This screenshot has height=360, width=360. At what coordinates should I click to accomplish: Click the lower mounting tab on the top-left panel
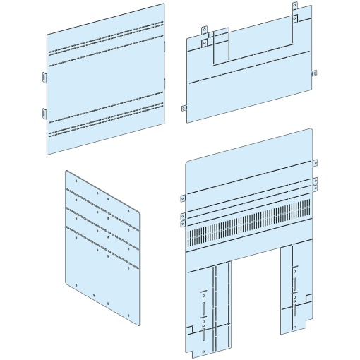click(x=42, y=111)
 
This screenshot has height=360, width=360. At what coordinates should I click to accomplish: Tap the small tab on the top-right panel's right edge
click(x=316, y=73)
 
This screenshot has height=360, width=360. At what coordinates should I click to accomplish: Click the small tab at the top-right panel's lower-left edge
click(x=185, y=108)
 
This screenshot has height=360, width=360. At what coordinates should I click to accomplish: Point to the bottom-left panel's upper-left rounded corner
click(x=65, y=172)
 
